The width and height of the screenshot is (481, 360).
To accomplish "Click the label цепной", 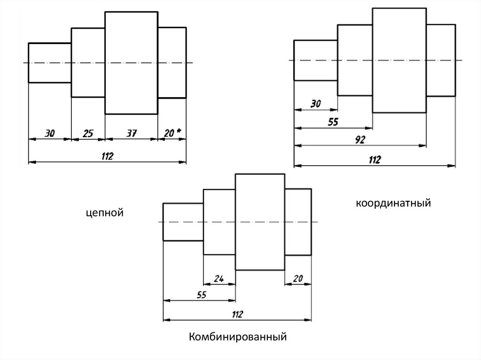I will point(104,214).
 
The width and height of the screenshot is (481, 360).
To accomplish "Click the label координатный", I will point(393,204).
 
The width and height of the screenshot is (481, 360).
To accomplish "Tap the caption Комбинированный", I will point(238,337).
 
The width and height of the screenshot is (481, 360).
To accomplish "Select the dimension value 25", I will point(88,134).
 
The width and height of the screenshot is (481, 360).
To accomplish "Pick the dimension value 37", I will point(132,134).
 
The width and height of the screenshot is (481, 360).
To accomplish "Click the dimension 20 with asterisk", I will point(172,134).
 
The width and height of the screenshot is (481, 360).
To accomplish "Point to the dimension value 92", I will point(360,140).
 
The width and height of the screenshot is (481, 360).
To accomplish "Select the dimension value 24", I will point(218,278).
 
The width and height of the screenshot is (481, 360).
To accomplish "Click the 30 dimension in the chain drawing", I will point(49,134).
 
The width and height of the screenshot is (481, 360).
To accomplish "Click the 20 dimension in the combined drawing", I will point(298,278).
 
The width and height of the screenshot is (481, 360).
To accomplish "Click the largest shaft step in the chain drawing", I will point(131,63).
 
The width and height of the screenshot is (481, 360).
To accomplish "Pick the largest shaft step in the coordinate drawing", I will point(399,60).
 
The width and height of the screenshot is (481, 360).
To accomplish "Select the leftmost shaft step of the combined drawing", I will point(183,222).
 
